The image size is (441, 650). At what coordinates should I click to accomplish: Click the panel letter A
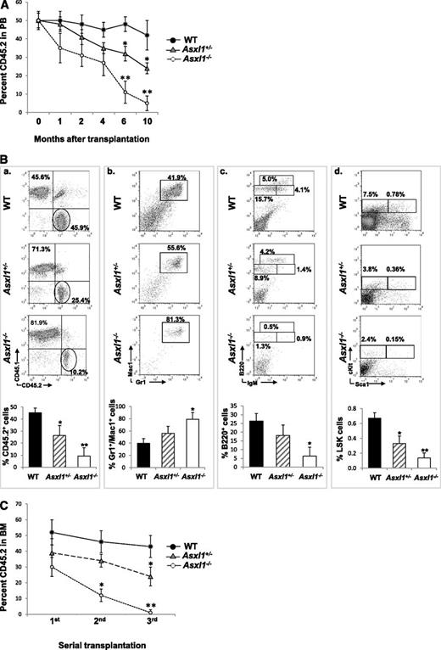pos(7,7)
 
